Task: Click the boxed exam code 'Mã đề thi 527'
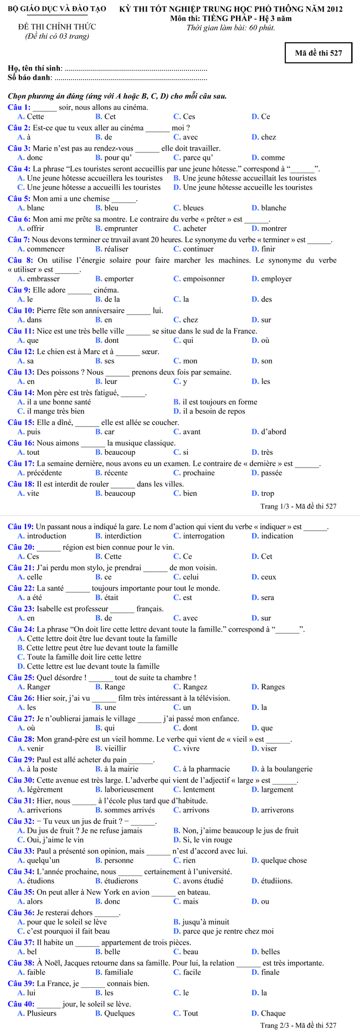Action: coord(318,53)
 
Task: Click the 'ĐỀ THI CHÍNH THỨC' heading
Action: coord(56,27)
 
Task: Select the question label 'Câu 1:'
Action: coord(19,107)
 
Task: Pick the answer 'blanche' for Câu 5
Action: coord(274,208)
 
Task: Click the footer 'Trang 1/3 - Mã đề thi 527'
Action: coord(298,506)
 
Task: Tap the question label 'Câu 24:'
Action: coord(21,629)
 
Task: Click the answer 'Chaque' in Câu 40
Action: coord(273,1013)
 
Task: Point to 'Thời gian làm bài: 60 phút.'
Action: coord(231,28)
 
